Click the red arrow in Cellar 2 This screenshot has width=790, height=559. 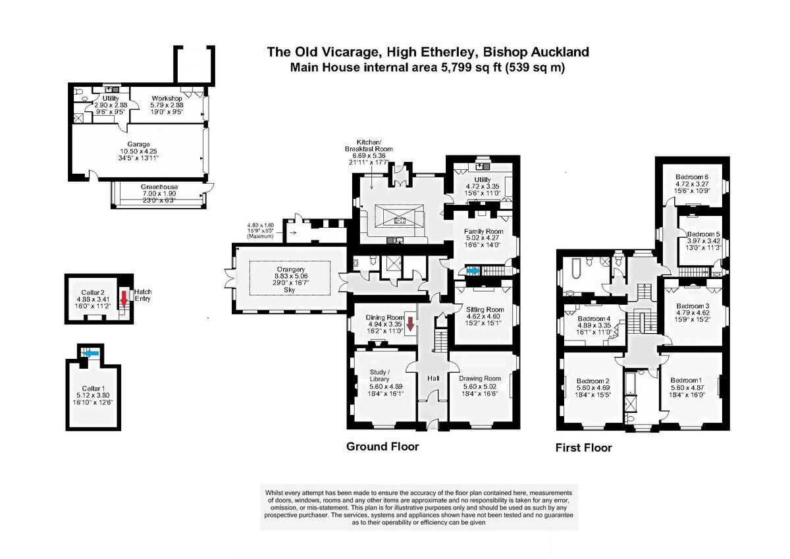coord(124,300)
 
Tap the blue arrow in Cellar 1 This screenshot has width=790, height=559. coord(86,354)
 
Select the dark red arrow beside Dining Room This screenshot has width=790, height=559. coord(410,324)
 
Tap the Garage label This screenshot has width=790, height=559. coord(138,144)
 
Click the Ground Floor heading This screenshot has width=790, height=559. coord(382,446)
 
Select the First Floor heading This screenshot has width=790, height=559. coord(583,448)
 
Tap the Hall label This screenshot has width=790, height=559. coord(433,379)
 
